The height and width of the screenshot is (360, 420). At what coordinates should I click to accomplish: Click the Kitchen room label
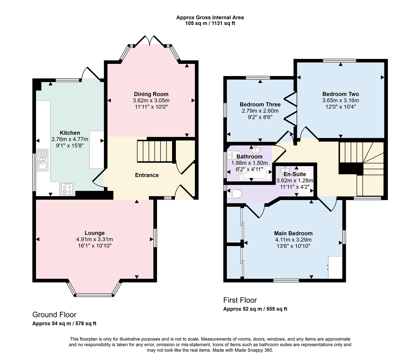coord(70,133)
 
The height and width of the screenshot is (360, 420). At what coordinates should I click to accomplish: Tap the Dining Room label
coord(151,94)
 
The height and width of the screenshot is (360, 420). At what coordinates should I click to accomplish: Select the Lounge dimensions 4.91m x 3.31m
coord(94,239)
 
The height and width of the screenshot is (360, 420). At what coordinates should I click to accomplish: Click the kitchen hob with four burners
coord(67,189)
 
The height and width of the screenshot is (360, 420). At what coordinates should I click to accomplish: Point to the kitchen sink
coord(43,160)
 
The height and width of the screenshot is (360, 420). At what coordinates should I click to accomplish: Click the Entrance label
coord(147,175)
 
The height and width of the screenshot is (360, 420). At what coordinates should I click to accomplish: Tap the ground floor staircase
coord(155,151)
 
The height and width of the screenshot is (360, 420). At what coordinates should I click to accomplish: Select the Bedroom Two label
coord(341,94)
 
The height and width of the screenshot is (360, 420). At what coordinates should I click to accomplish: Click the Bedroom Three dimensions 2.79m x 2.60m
coord(260,111)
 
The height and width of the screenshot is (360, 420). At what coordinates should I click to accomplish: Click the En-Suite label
coord(295,174)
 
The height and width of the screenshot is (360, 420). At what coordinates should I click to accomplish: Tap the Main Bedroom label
coord(293,233)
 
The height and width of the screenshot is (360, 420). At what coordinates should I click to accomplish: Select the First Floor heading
coord(240,300)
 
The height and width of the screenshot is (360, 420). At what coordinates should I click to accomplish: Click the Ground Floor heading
coord(54,315)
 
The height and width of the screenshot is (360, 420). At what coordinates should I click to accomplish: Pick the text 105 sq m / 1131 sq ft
coord(210,23)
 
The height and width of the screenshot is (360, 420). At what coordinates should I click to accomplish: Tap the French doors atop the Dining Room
coord(150,40)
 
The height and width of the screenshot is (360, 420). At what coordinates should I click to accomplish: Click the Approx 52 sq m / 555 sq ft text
coord(255,309)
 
